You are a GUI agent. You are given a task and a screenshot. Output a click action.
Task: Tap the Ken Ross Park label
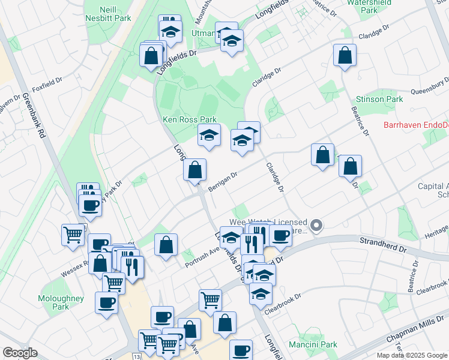pyautogui.click(x=190, y=120)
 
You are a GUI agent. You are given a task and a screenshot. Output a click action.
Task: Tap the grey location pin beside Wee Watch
pyautogui.click(x=318, y=226)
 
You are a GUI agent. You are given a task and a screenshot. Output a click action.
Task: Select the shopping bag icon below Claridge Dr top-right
pyautogui.click(x=345, y=56)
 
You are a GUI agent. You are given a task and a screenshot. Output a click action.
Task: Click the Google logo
pyautogui.click(x=20, y=353)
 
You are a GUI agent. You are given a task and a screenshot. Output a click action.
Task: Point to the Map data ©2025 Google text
pyautogui.click(x=412, y=355)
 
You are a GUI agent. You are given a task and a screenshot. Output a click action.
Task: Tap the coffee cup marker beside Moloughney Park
pyautogui.click(x=106, y=302)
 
